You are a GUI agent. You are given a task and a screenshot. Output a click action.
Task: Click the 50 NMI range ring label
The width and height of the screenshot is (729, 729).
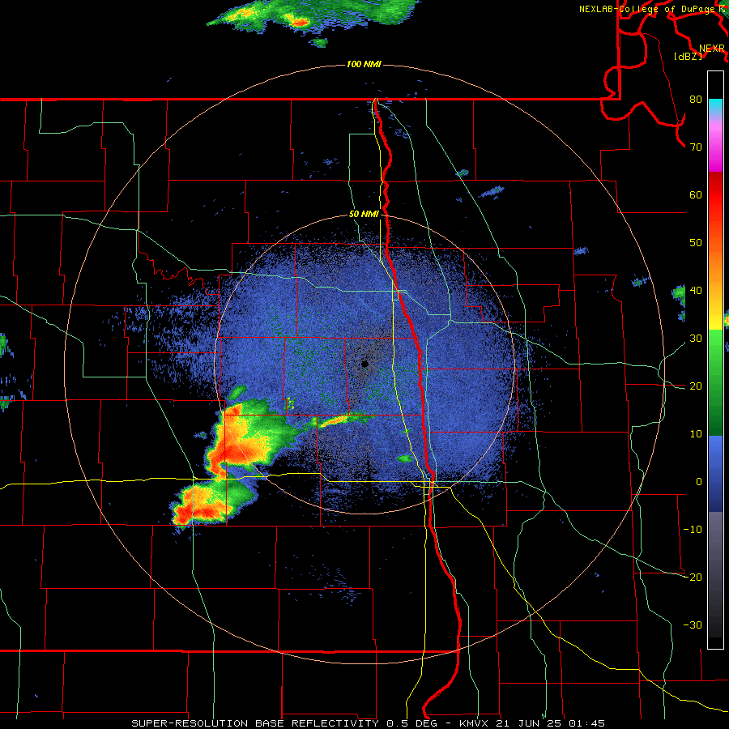pyautogui.click(x=364, y=214)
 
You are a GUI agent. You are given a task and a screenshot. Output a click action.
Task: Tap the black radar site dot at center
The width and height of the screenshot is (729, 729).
pyautogui.click(x=364, y=364)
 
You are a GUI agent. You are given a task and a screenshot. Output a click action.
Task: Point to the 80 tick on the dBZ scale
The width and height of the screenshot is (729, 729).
pyautogui.click(x=695, y=100)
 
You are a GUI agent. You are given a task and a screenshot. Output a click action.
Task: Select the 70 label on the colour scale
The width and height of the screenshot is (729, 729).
pyautogui.click(x=695, y=147)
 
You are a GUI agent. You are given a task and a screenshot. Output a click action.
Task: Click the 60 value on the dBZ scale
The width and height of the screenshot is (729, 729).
pyautogui.click(x=695, y=195)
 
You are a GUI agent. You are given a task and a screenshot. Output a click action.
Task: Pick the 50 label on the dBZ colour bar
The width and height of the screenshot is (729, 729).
pyautogui.click(x=695, y=242)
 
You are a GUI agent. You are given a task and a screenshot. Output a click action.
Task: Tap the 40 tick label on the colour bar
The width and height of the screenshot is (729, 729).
pyautogui.click(x=695, y=290)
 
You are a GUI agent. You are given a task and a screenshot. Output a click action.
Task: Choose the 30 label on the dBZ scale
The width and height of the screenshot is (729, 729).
pyautogui.click(x=695, y=338)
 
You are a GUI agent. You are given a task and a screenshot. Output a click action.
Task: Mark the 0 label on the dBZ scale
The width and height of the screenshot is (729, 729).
pyautogui.click(x=698, y=481)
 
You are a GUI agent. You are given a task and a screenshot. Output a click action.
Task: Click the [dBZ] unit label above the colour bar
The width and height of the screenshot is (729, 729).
pyautogui.click(x=688, y=57)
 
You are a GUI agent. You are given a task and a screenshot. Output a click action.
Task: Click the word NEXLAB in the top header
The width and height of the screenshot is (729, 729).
pyautogui.click(x=597, y=9)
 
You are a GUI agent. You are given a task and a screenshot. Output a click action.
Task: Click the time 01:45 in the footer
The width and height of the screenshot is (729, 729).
pyautogui.click(x=588, y=723)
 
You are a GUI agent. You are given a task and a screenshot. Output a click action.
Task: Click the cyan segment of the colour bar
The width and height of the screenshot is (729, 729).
pyautogui.click(x=715, y=104)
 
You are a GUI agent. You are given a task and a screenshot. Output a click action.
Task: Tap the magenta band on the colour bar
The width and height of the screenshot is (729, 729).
pyautogui.click(x=715, y=162)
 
